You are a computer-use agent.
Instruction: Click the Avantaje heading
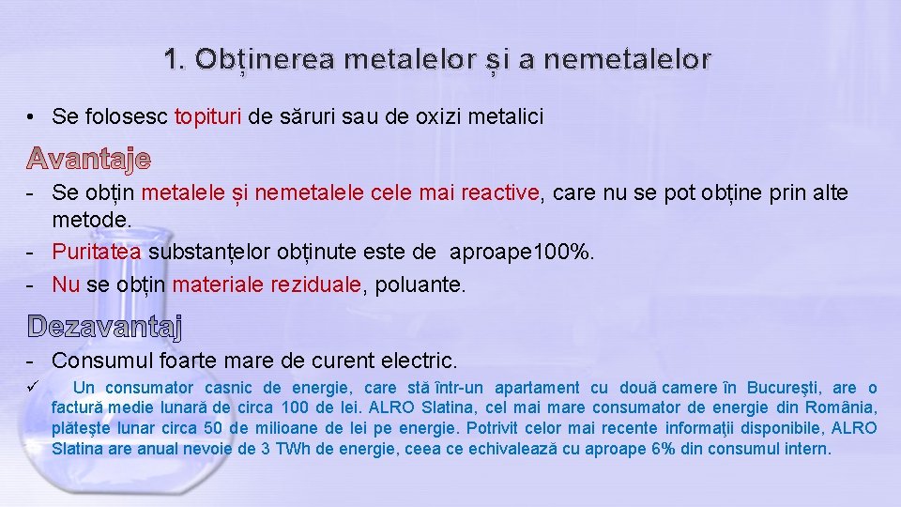(x=88, y=159)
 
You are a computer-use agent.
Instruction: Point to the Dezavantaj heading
(x=105, y=327)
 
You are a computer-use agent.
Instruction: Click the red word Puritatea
(x=98, y=252)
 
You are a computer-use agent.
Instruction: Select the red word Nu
(x=66, y=284)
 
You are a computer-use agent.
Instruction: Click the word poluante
(x=420, y=284)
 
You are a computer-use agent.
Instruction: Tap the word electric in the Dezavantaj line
(x=420, y=361)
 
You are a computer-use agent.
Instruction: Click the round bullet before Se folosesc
(x=31, y=117)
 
